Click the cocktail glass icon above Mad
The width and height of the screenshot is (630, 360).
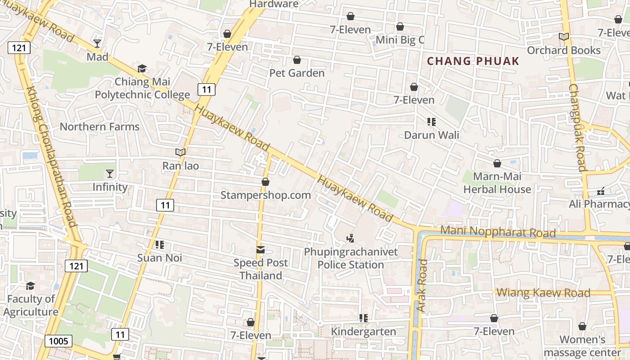point(97,43)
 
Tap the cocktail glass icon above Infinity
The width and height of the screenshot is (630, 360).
point(109,173)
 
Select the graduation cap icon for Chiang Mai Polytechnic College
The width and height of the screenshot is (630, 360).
point(142,68)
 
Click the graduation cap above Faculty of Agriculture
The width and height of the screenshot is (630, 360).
point(30,286)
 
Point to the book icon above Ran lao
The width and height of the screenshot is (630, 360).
point(180,153)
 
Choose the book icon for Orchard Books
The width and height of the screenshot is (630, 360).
point(563,37)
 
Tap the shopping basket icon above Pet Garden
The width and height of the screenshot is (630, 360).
point(297,60)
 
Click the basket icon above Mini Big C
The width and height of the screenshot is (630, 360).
point(400,27)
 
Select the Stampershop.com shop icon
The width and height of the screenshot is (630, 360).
point(265,182)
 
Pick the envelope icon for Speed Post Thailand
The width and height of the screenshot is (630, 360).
point(261,250)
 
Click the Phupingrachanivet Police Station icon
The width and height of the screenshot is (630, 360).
point(351,238)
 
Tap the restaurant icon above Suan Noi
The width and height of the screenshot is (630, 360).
point(159,245)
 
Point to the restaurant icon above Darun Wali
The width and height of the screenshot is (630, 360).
point(432,121)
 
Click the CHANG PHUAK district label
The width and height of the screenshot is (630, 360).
point(473,61)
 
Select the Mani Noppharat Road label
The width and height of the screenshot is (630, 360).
point(498,232)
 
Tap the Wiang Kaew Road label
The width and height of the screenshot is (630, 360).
point(543,293)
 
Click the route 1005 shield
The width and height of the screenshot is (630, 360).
point(58,341)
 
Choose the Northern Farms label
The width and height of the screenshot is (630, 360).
point(100,127)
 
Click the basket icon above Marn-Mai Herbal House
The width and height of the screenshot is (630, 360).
point(497,163)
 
